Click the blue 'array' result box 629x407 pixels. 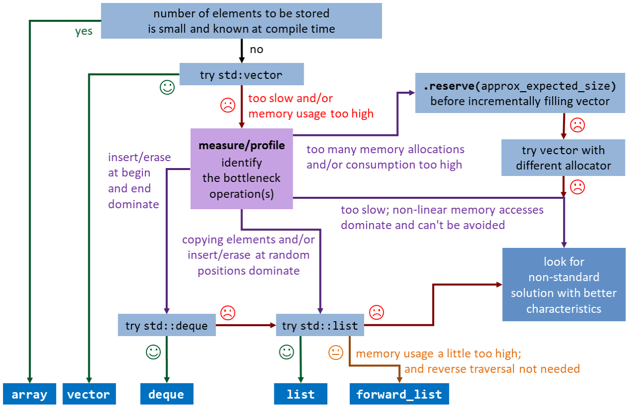pyautogui.click(x=29, y=394)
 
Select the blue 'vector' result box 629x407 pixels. pyautogui.click(x=89, y=394)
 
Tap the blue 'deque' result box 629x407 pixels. pyautogui.click(x=166, y=394)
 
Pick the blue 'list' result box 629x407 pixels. pyautogui.click(x=301, y=394)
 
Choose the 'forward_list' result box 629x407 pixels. pyautogui.click(x=399, y=394)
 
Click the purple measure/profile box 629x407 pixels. pyautogui.click(x=242, y=169)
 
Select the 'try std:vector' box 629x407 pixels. pyautogui.click(x=241, y=75)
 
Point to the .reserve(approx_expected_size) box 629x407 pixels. pyautogui.click(x=520, y=93)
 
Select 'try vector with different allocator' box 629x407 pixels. pyautogui.click(x=563, y=158)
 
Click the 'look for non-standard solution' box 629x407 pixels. pyautogui.click(x=564, y=285)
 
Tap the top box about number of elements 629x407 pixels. pyautogui.click(x=241, y=21)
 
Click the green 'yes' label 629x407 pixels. pyautogui.click(x=84, y=32)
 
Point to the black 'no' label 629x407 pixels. pyautogui.click(x=256, y=50)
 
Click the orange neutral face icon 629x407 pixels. pyautogui.click(x=336, y=352)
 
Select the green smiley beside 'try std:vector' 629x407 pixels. pyautogui.click(x=167, y=88)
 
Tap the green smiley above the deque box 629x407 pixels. pyautogui.click(x=153, y=352)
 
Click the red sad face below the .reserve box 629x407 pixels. pyautogui.click(x=577, y=125)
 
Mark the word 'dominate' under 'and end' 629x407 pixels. pyautogui.click(x=133, y=204)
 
